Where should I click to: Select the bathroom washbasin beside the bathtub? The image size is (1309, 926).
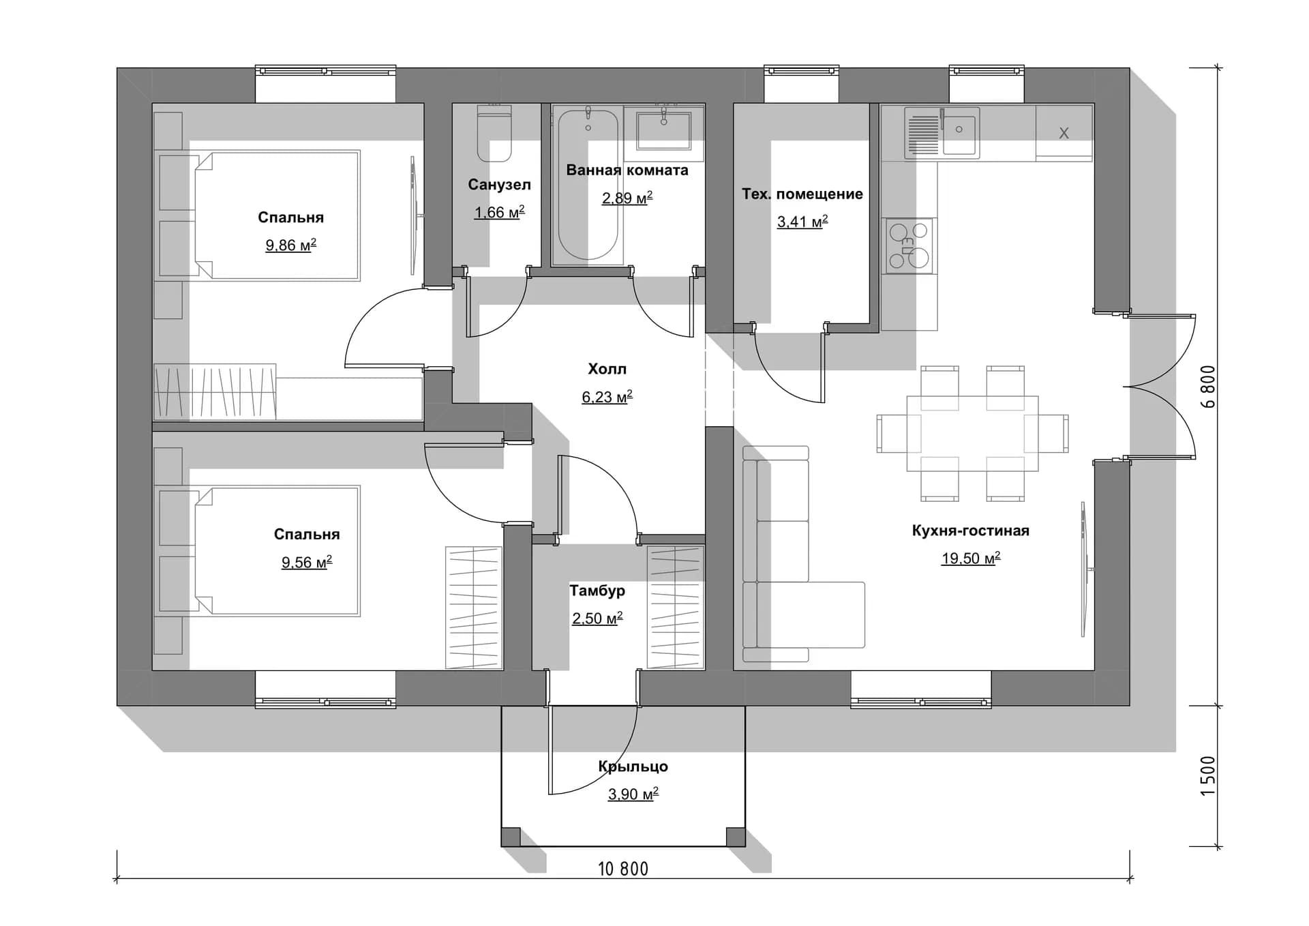(x=663, y=129)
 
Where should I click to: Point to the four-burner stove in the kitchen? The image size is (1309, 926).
(x=909, y=245)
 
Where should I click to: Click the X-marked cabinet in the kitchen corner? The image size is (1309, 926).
(x=1064, y=133)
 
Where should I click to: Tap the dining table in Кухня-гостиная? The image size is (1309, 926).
(x=972, y=433)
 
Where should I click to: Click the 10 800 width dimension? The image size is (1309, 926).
(x=623, y=869)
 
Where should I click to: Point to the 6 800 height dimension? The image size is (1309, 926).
(x=1207, y=387)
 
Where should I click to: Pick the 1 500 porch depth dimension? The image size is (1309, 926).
(x=1207, y=775)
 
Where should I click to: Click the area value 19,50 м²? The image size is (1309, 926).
(x=971, y=558)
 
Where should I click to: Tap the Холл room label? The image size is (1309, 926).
(x=607, y=369)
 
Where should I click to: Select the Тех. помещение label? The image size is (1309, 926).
(x=802, y=194)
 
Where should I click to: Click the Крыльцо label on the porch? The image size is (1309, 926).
(x=633, y=766)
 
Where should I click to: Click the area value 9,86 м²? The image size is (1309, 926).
(x=290, y=245)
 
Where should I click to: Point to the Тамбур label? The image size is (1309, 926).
(x=597, y=591)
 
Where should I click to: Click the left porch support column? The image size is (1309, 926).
(x=511, y=837)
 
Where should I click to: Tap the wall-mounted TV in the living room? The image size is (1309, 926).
(x=1085, y=569)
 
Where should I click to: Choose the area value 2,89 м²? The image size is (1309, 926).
(x=627, y=198)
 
